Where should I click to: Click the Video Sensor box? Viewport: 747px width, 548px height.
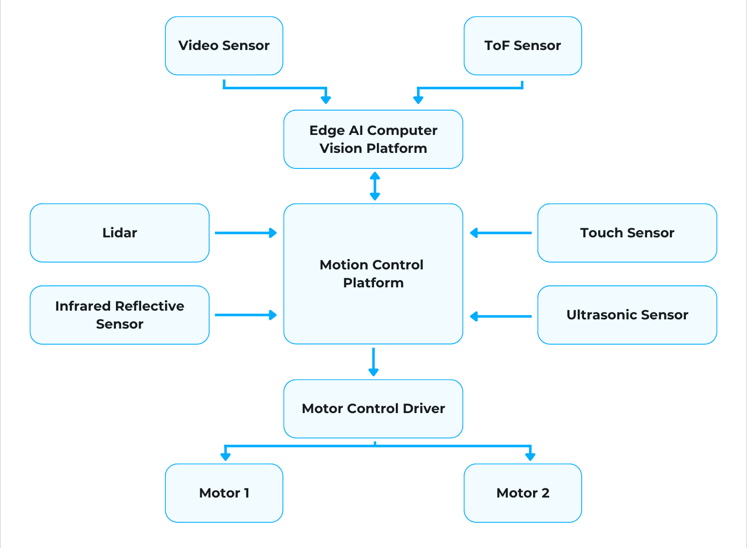coord(224,46)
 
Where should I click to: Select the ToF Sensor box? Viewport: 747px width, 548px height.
coord(522,46)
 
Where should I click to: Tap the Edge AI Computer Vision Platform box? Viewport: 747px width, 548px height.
coord(373,139)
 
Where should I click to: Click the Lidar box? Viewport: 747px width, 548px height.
coord(119,233)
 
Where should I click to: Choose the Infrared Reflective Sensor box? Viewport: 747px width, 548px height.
coord(119,315)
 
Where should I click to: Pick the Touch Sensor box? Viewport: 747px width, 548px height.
coord(627,233)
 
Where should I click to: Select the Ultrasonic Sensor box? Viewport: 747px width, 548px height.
coord(627,315)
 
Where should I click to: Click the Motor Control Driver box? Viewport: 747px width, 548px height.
coord(373,409)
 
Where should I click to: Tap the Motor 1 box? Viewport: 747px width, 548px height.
coord(224,493)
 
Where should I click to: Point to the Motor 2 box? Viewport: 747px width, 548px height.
coord(522,493)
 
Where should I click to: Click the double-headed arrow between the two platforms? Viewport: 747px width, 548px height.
coord(374,186)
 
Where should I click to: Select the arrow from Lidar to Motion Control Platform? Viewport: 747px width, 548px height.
coord(245,233)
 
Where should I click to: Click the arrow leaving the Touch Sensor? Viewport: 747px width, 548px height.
coord(501,233)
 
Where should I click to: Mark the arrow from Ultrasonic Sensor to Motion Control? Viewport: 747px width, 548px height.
coord(501,316)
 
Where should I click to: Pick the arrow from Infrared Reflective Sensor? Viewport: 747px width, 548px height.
coord(245,315)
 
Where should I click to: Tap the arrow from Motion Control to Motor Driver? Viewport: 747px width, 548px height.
coord(373,362)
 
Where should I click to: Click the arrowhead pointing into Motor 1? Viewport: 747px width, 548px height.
coord(225,456)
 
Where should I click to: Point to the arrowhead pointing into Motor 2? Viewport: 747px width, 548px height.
coord(530,456)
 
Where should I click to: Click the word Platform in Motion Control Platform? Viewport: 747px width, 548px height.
coord(373,283)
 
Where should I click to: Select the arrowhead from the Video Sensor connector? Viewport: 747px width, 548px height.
coord(326,100)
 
